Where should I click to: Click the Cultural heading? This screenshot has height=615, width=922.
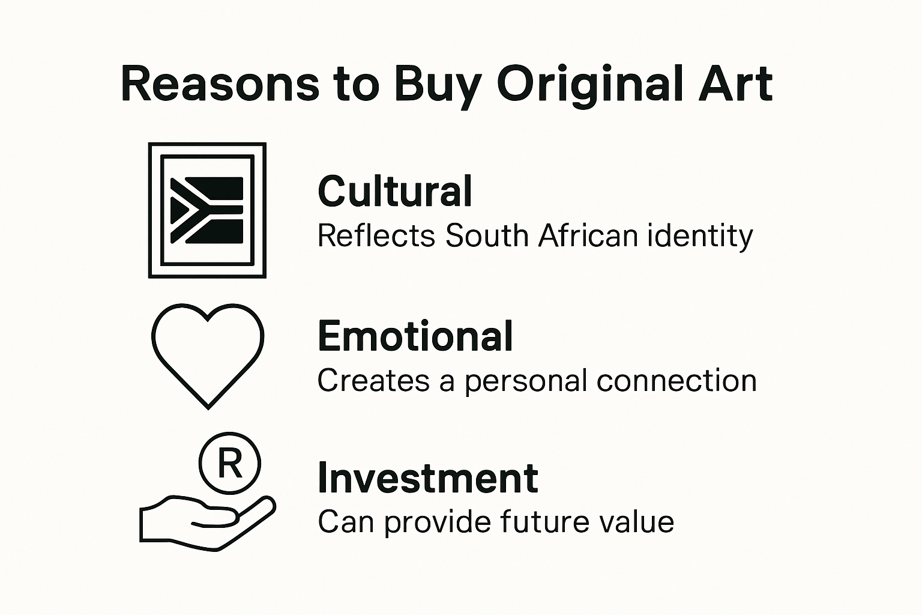pyautogui.click(x=395, y=192)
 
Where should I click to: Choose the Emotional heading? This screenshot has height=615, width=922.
pyautogui.click(x=415, y=336)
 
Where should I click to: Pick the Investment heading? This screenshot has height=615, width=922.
pyautogui.click(x=427, y=478)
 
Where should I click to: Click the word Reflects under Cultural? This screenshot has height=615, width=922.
pyautogui.click(x=376, y=235)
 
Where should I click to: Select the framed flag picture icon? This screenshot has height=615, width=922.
pyautogui.click(x=207, y=210)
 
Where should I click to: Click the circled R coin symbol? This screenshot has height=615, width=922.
pyautogui.click(x=229, y=463)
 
